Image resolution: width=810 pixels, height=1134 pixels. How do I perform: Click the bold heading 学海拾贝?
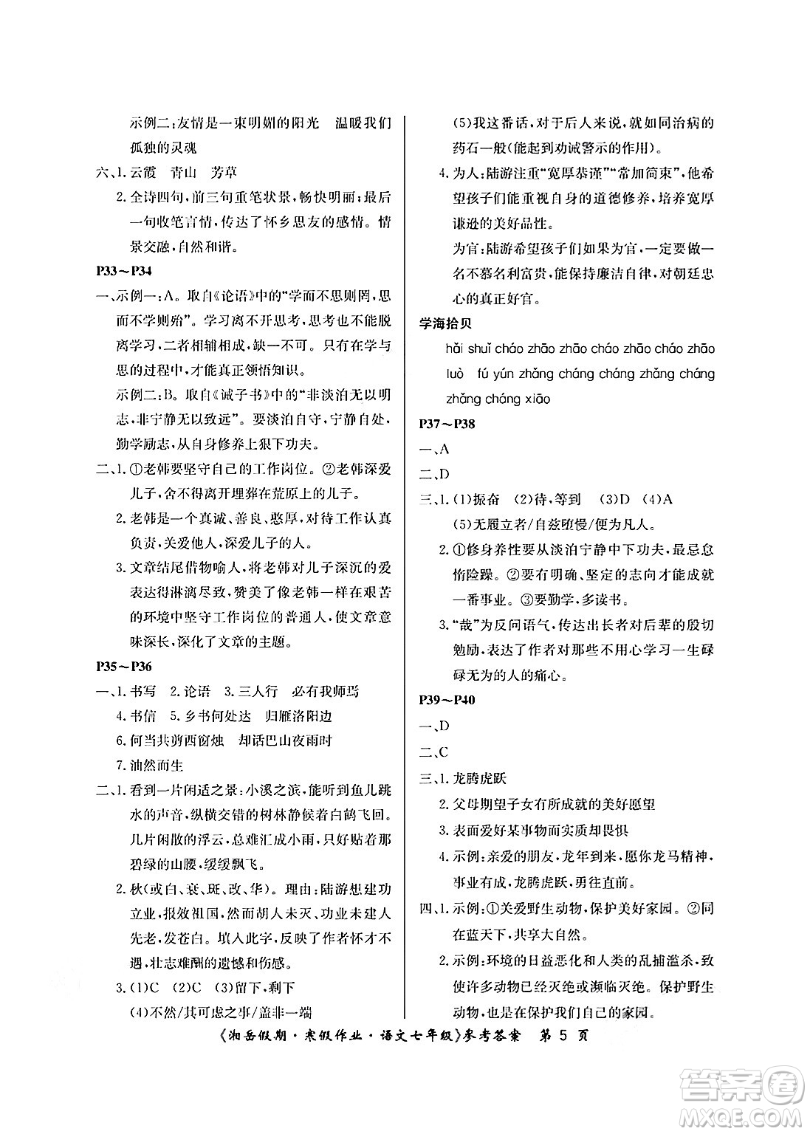[x=445, y=323]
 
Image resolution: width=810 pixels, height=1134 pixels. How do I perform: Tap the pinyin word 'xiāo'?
[x=537, y=399]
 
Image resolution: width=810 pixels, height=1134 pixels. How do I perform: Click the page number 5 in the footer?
[x=562, y=1034]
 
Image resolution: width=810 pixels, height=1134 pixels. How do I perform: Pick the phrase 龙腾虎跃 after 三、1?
[x=480, y=778]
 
